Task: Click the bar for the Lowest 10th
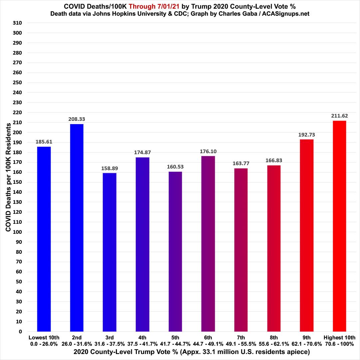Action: point(44,239)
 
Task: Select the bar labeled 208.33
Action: point(77,227)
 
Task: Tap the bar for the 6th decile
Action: point(208,243)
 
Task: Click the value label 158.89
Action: point(109,168)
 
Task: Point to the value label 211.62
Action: point(339,116)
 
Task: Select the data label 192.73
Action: point(307,135)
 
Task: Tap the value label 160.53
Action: point(175,167)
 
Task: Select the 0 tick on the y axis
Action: point(20,332)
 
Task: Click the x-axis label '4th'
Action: point(142,337)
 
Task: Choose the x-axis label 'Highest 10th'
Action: point(339,337)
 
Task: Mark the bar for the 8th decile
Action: point(274,248)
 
